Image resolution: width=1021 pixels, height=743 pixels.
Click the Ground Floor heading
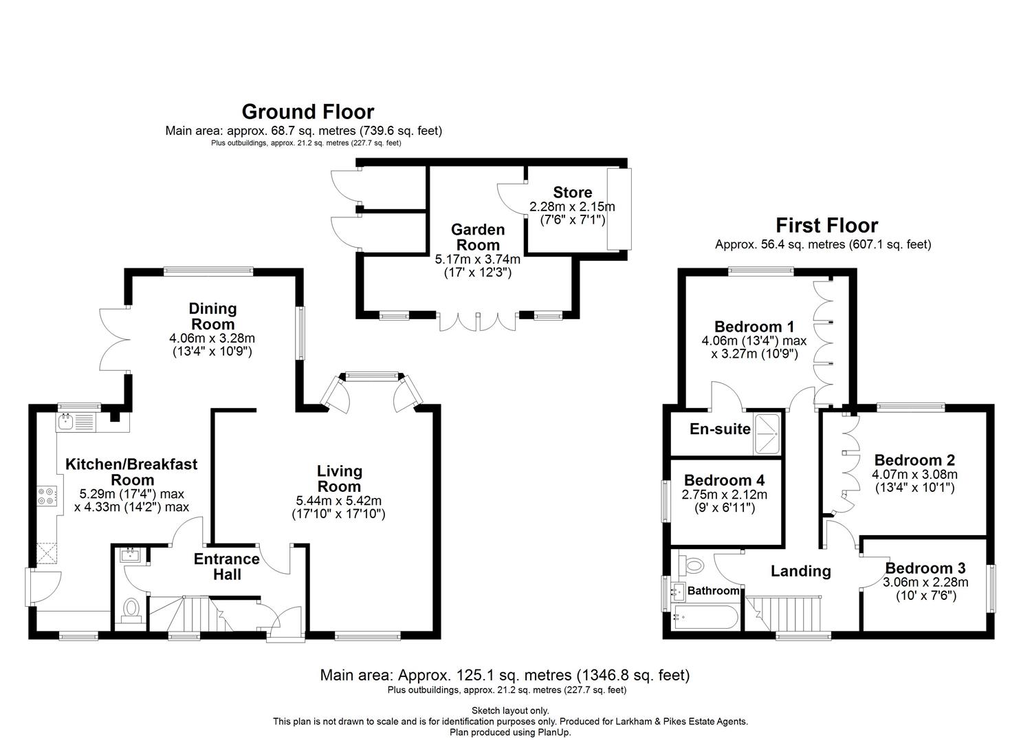pyautogui.click(x=307, y=111)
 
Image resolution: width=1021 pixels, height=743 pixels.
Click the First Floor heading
pyautogui.click(x=826, y=226)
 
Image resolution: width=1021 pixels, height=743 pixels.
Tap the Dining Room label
pyautogui.click(x=212, y=316)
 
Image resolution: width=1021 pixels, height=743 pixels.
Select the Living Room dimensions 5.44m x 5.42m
pyautogui.click(x=340, y=501)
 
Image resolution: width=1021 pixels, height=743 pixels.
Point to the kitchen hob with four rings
pyautogui.click(x=47, y=496)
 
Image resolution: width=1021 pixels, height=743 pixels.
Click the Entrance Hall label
pyautogui.click(x=226, y=566)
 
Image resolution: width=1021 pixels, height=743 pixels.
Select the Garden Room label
pyautogui.click(x=478, y=237)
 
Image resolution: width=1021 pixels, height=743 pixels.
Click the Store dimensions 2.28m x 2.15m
pyautogui.click(x=571, y=206)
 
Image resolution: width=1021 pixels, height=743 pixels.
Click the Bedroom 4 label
pyautogui.click(x=724, y=480)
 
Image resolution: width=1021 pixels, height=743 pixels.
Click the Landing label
pyautogui.click(x=800, y=571)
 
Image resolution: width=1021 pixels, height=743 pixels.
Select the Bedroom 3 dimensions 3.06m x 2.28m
pyautogui.click(x=925, y=582)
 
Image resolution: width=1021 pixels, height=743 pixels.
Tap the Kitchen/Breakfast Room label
pyautogui.click(x=131, y=471)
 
